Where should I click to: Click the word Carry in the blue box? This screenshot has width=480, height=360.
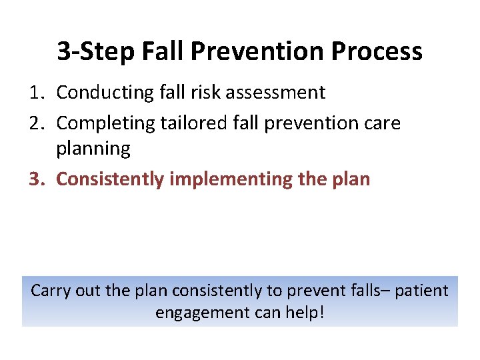pyautogui.click(x=51, y=291)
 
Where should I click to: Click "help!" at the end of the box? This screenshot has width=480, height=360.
pyautogui.click(x=305, y=312)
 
